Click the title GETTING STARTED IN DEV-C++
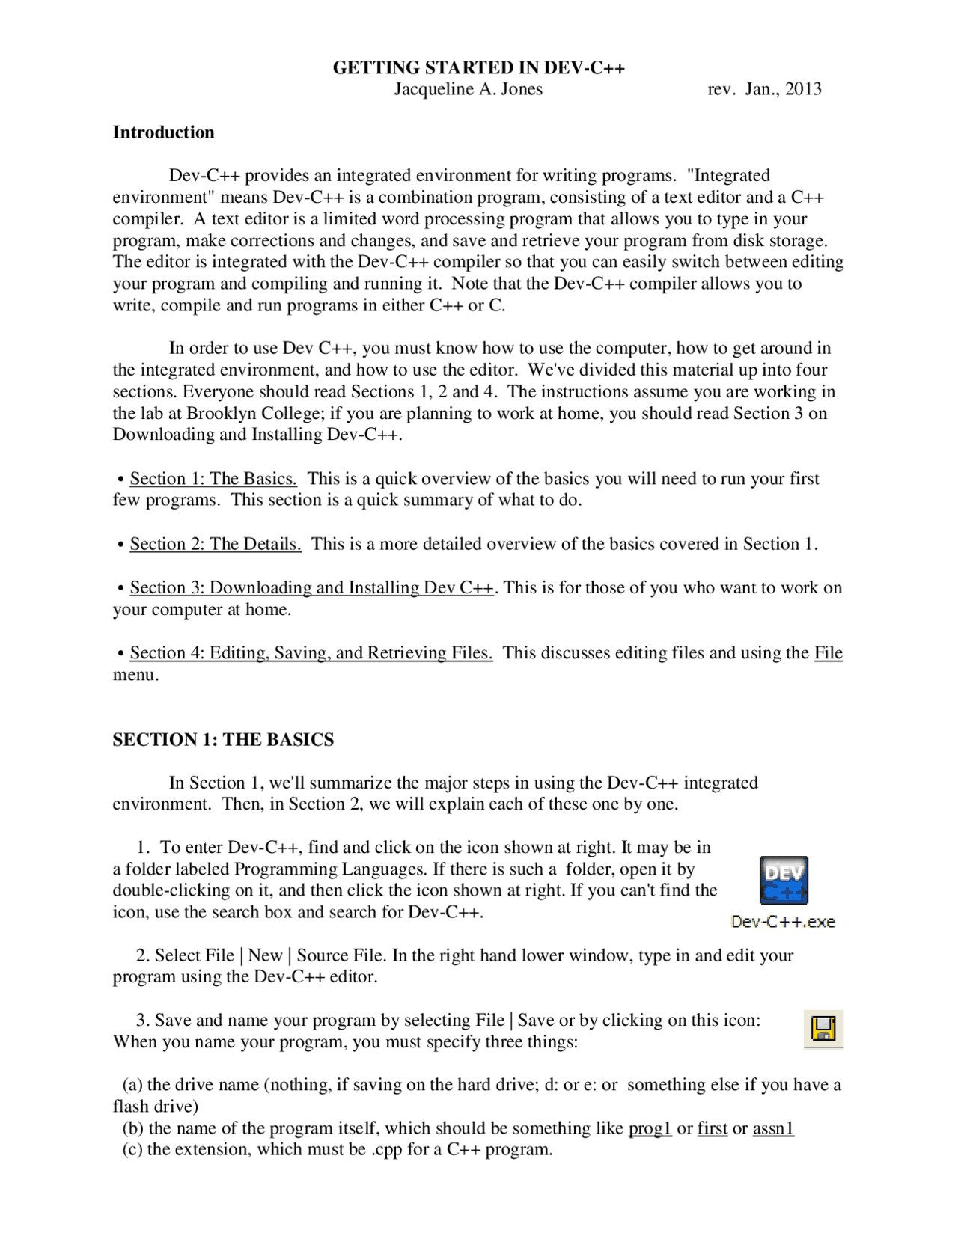[478, 68]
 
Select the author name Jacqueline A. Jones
[469, 89]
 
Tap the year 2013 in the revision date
[803, 89]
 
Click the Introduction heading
[163, 132]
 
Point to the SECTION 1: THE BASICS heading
[223, 740]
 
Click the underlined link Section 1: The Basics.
[213, 479]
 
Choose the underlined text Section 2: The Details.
[216, 544]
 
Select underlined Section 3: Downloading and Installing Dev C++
[311, 588]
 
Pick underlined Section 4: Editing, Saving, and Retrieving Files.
[311, 653]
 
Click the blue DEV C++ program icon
[784, 881]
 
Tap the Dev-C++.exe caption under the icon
[783, 922]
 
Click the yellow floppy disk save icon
[823, 1029]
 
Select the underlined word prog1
[650, 1128]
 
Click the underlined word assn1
[773, 1128]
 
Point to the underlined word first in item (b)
[712, 1128]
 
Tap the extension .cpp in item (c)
[386, 1150]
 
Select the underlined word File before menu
[828, 653]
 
